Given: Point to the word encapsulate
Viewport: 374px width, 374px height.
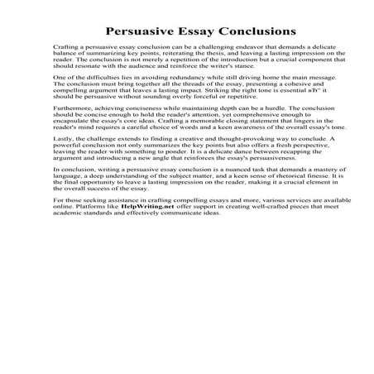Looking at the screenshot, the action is pos(74,144).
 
